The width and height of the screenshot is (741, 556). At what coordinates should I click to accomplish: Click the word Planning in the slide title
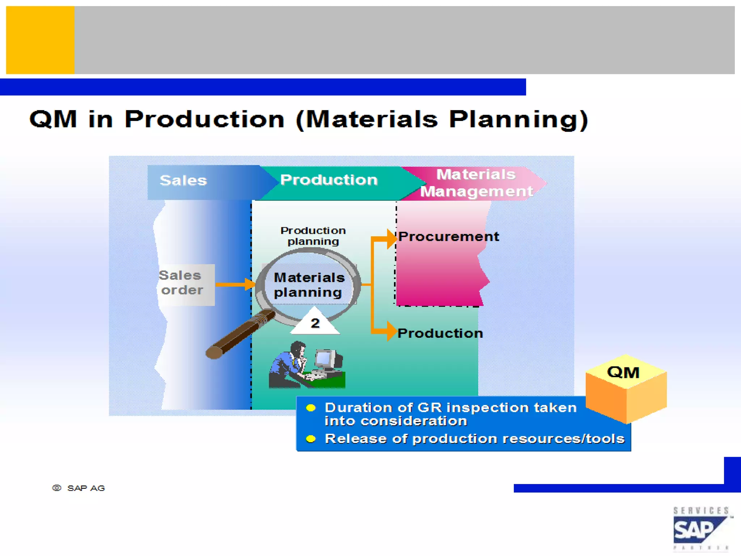click(x=518, y=120)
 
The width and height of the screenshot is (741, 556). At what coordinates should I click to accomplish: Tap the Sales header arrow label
click(x=183, y=181)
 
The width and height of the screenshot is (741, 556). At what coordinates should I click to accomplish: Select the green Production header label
click(x=329, y=180)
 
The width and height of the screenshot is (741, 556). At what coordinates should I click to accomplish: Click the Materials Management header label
click(x=476, y=183)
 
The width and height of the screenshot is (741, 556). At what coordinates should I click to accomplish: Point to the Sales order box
click(x=186, y=284)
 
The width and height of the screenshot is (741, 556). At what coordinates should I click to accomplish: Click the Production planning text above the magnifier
click(x=313, y=236)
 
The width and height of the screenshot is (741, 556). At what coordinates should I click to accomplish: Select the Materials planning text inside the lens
click(x=309, y=285)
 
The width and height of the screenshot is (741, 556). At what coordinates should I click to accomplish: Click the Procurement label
click(x=449, y=237)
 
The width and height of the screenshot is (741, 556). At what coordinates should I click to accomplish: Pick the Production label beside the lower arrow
click(x=440, y=333)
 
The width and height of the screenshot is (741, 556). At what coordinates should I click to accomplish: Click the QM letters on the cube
click(x=623, y=372)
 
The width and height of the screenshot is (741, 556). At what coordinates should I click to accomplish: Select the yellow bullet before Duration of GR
click(x=310, y=408)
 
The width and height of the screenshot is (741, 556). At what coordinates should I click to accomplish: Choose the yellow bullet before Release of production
click(x=310, y=439)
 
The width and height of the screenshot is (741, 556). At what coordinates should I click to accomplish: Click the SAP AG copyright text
click(x=79, y=488)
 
